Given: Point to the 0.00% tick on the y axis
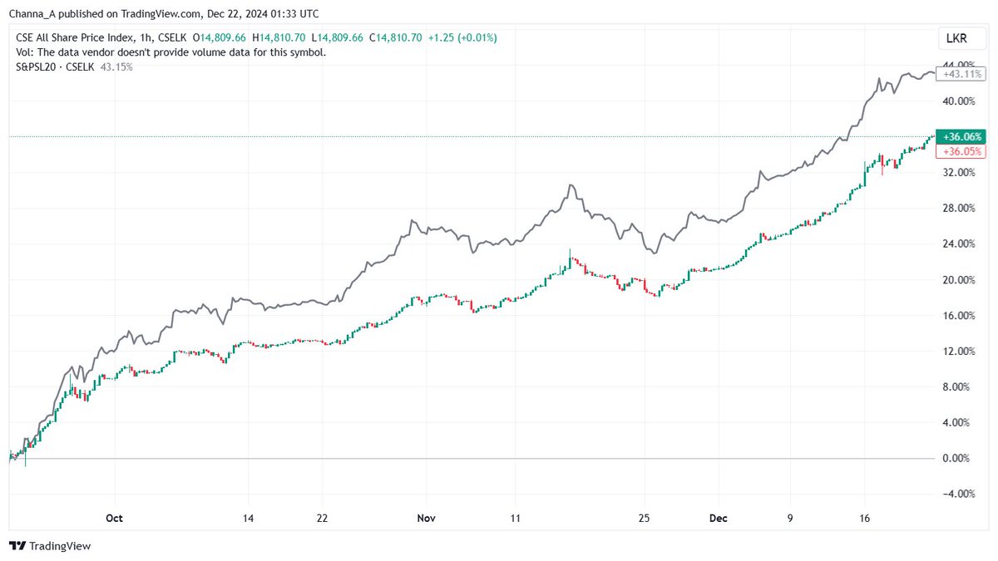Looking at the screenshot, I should tap(956, 458).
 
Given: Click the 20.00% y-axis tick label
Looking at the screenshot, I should tap(956, 279).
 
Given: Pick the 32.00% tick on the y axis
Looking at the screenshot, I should tap(956, 172).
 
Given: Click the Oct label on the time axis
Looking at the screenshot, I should tap(115, 518).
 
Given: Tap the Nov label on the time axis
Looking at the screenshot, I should tap(427, 518).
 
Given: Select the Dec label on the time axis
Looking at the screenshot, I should tap(719, 518).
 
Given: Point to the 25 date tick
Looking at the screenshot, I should tap(644, 518).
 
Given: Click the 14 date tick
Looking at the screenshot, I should tap(248, 518).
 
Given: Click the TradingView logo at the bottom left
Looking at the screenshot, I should tap(50, 546).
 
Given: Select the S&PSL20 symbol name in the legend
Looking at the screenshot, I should tap(36, 66).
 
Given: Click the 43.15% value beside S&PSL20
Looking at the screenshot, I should tap(116, 66).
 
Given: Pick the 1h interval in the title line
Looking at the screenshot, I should tap(147, 37).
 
